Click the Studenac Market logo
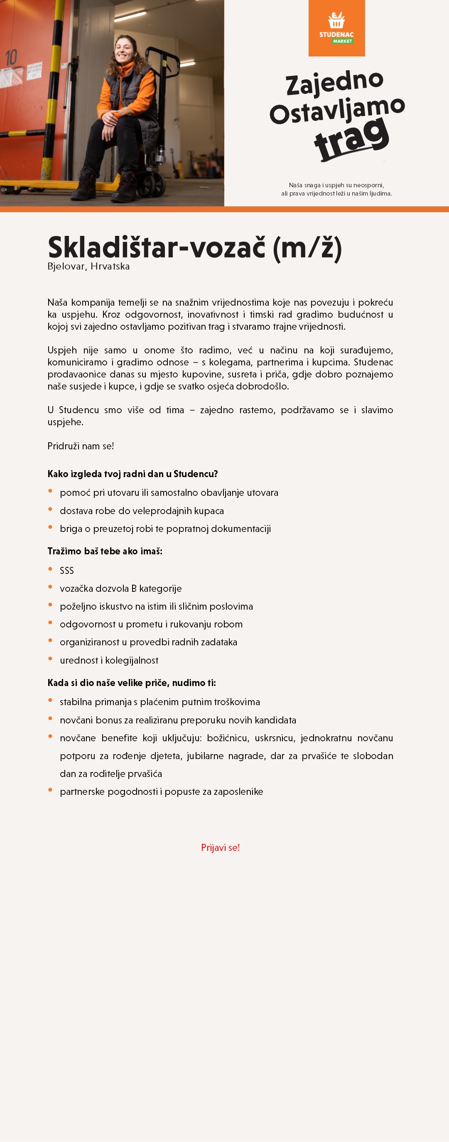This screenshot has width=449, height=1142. point(336,28)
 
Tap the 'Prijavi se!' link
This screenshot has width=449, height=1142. point(220,847)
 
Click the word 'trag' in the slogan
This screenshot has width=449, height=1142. point(351,139)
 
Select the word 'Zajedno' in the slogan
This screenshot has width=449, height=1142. point(334,83)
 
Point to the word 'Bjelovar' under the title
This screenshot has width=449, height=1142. point(66,267)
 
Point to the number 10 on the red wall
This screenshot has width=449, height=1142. point(11,58)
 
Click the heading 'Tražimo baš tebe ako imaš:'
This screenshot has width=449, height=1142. point(105,551)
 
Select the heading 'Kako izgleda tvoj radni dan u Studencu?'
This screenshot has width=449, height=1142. point(132,473)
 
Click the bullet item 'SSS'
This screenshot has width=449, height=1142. point(67,571)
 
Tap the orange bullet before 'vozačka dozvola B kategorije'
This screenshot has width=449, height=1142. point(50,587)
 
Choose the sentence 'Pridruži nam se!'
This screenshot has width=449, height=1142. point(81,446)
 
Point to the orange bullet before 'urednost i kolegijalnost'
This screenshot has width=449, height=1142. point(50,658)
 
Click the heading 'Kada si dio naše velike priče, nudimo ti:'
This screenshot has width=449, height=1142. point(132,683)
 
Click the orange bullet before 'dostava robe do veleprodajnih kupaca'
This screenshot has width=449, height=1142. point(50,509)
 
